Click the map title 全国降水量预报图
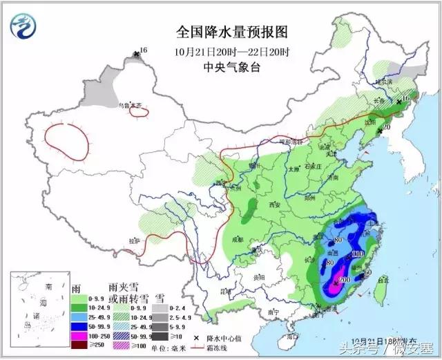(231, 32)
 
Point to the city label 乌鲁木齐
(131, 105)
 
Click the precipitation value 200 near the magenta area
(344, 278)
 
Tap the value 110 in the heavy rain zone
(357, 255)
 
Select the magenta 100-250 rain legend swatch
(78, 334)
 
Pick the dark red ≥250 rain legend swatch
(78, 344)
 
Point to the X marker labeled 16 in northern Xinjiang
(136, 52)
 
